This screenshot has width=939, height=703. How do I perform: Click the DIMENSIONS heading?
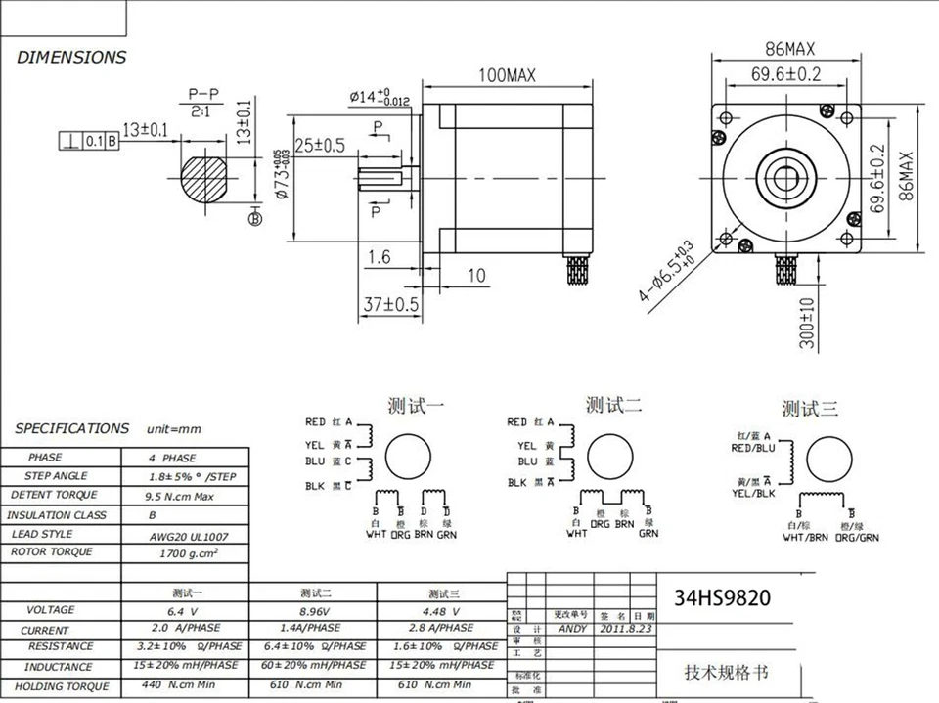click(x=71, y=57)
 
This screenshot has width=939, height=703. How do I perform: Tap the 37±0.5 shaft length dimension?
click(x=390, y=305)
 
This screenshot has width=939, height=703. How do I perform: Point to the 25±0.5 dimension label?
click(x=319, y=146)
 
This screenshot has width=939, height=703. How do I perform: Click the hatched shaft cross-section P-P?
click(x=203, y=179)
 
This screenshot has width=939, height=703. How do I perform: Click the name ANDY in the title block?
click(x=573, y=630)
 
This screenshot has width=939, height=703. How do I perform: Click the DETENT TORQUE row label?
click(x=55, y=495)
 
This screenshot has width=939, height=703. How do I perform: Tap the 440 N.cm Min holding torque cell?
click(x=186, y=684)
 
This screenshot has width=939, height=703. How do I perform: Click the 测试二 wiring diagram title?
click(x=613, y=405)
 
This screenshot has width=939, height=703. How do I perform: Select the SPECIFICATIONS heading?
click(x=72, y=428)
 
